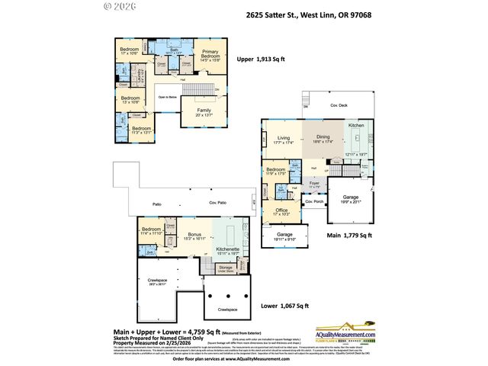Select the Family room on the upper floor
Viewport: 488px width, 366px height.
click(x=204, y=112)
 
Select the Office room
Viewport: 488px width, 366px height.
click(x=282, y=212)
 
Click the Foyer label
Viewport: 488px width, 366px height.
click(x=313, y=184)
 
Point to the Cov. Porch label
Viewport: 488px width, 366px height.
click(x=313, y=202)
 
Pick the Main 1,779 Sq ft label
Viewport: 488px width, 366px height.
click(x=348, y=236)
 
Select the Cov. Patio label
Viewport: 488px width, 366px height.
click(x=219, y=204)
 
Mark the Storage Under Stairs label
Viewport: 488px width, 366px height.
click(x=225, y=269)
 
